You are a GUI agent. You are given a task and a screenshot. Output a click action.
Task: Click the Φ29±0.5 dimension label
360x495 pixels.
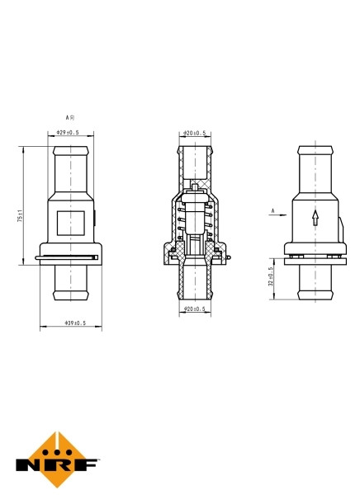pyautogui.click(x=68, y=133)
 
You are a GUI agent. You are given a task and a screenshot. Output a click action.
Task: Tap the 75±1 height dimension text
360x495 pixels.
pyautogui.click(x=20, y=215)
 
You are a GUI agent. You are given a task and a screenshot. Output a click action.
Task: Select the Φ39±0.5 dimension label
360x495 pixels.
pyautogui.click(x=75, y=323)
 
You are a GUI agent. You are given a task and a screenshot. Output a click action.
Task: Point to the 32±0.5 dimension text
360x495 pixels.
pyautogui.click(x=271, y=277)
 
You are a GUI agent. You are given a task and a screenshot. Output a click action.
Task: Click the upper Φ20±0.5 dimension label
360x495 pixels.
pyautogui.click(x=195, y=133)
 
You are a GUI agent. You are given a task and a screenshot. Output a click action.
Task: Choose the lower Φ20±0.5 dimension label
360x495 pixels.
pyautogui.click(x=194, y=309)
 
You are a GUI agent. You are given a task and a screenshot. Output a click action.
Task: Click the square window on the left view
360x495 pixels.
pyautogui.click(x=71, y=224)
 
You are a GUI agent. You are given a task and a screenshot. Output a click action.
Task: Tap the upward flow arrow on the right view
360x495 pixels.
pyautogui.click(x=315, y=217)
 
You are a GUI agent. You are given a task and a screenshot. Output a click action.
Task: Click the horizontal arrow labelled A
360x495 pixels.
pyautogui.click(x=277, y=215)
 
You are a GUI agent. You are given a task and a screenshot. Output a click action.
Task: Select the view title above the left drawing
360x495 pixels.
pyautogui.click(x=70, y=118)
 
